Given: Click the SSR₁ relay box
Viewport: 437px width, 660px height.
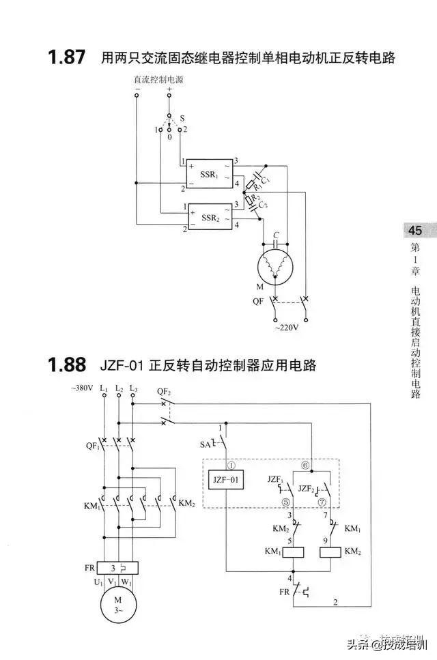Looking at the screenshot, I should (x=210, y=175).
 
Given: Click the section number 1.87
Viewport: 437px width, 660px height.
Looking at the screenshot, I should (x=67, y=57).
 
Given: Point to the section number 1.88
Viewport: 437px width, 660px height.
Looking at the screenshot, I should (x=67, y=366).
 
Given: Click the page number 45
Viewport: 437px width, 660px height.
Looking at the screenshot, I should (x=416, y=230).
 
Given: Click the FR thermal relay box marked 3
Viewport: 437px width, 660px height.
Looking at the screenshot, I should (x=118, y=567).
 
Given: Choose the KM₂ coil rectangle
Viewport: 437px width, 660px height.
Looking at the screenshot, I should (x=332, y=551).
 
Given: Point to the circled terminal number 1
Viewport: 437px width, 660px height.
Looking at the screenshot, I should (x=231, y=465).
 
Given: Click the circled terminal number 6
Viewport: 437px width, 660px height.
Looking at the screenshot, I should (x=305, y=465).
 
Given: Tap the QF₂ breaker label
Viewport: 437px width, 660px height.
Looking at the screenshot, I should (x=164, y=391).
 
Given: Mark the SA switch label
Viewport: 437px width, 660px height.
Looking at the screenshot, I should (x=206, y=444).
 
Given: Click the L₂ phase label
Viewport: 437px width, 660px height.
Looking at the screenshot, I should (x=119, y=388).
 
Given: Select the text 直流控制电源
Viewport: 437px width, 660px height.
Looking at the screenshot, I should (x=158, y=79).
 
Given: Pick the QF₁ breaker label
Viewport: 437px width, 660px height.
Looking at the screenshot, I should (x=92, y=446).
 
